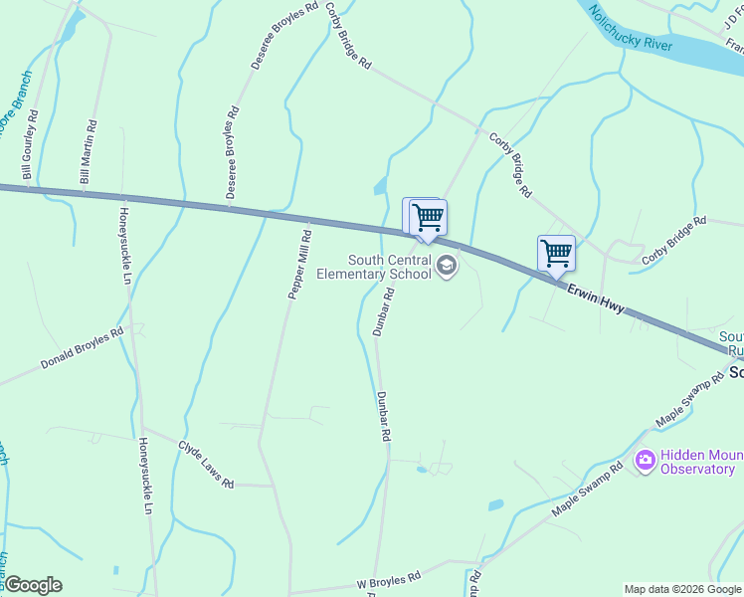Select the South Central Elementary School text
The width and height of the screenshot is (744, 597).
point(389,267)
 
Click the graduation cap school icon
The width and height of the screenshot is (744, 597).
point(447,266)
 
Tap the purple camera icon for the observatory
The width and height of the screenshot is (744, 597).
point(645,460)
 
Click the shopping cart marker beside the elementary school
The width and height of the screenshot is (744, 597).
point(428,216)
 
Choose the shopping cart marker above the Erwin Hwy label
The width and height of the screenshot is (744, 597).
point(556,253)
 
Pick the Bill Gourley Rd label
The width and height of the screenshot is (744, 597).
point(30,145)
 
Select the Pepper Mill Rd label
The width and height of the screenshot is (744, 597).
point(300,265)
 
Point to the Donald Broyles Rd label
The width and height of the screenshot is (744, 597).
point(82,348)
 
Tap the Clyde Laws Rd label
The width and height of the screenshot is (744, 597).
point(205,465)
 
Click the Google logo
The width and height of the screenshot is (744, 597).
point(32,585)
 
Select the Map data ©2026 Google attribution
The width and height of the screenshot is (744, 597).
point(682,589)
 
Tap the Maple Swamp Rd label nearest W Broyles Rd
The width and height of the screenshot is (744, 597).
point(587,488)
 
